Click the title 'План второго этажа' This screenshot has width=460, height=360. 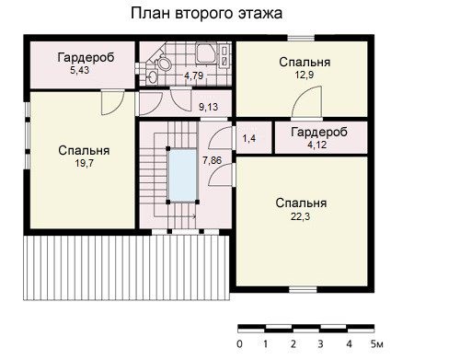click(206, 14)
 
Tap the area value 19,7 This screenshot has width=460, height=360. click(85, 163)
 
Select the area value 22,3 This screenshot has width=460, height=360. click(300, 216)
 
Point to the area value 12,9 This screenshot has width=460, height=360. click(305, 75)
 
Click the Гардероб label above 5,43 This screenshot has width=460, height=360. click(86, 57)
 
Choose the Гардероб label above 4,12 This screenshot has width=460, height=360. click(319, 132)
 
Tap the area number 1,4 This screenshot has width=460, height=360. click(249, 139)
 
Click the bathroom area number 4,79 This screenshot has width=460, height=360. click(194, 75)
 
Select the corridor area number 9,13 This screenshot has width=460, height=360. click(209, 107)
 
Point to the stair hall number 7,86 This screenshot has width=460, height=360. click(212, 160)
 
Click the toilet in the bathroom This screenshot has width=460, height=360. click(164, 63)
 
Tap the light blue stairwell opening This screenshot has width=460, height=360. click(183, 175)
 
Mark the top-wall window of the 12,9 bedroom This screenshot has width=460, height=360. click(301, 38)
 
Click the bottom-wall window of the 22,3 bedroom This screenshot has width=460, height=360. click(303, 289)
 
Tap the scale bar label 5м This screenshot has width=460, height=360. click(377, 344)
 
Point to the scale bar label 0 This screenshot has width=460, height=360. click(239, 344)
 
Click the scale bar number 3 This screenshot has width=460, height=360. click(320, 344)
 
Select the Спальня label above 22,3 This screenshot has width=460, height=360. click(301, 203)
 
